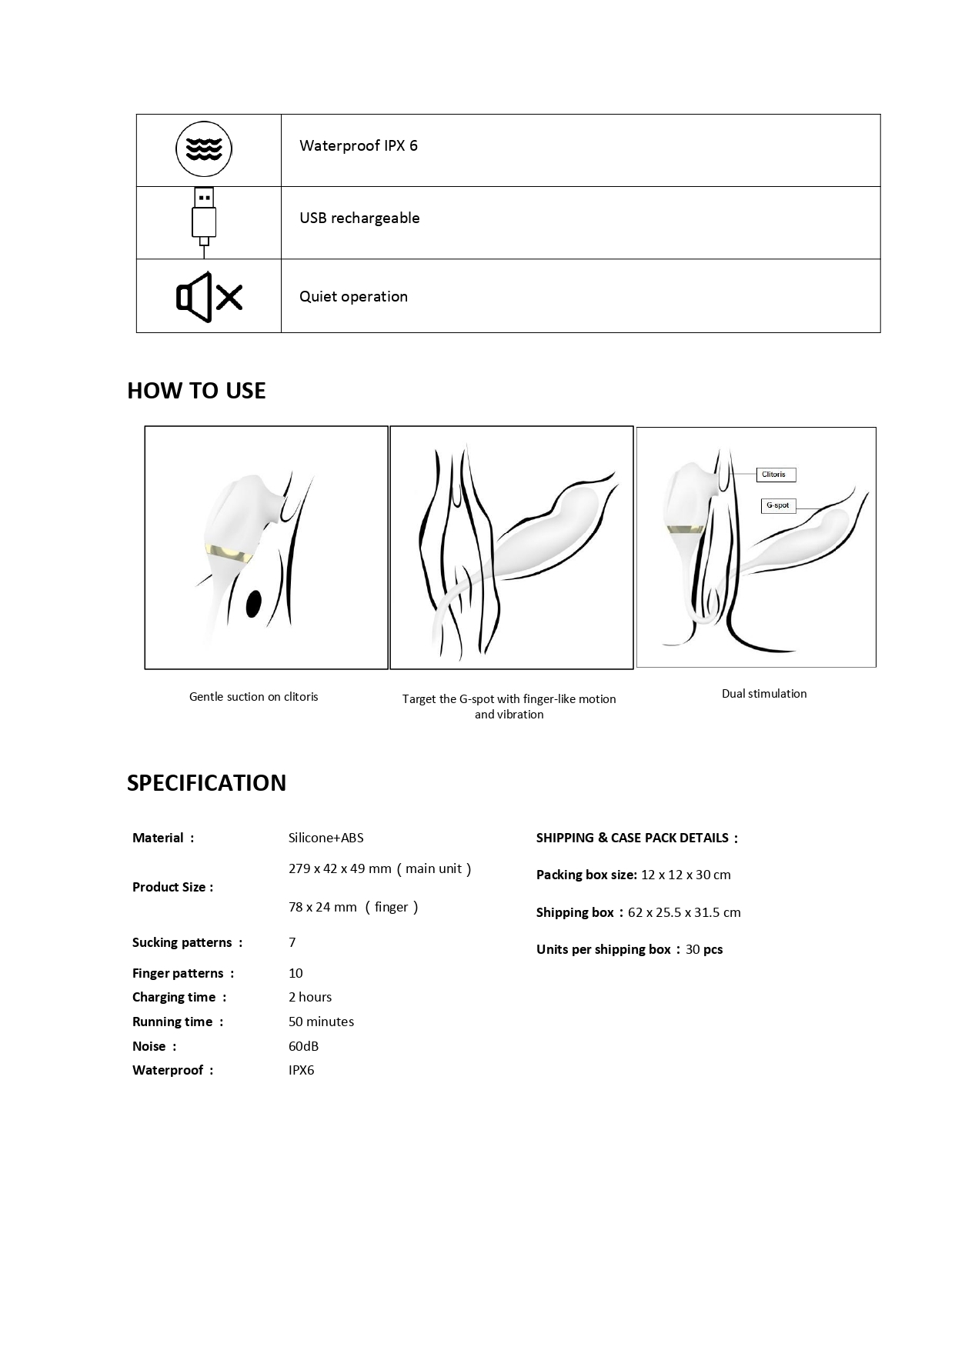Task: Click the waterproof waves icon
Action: (204, 148)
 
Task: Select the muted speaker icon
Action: (209, 296)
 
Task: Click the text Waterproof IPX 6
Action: (358, 146)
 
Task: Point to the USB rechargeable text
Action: (359, 218)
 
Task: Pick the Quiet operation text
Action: (353, 297)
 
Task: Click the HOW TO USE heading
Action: (196, 391)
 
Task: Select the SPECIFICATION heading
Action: (206, 783)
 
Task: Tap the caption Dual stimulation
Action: (764, 694)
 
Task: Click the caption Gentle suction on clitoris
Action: (253, 697)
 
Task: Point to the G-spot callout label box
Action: (778, 506)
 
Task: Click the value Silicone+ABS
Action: (326, 838)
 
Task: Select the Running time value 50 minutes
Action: (321, 1022)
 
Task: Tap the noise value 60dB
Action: (303, 1046)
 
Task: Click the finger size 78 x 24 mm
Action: (322, 907)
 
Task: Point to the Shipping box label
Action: (576, 912)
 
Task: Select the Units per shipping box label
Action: (603, 949)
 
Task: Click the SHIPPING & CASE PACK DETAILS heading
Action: (636, 838)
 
